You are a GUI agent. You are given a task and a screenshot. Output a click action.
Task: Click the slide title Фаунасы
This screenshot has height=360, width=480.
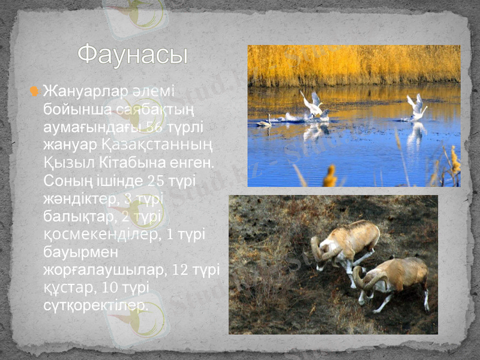pos(133,55)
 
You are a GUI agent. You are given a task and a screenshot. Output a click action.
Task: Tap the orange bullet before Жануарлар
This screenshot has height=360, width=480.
pos(35,91)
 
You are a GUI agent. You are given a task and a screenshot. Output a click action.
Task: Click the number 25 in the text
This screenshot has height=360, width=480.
pos(155,181)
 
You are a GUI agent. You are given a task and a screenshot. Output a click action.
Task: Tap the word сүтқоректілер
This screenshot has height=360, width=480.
pos(95,305)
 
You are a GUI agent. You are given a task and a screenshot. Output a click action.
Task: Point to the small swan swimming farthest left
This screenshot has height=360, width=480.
pos(265,122)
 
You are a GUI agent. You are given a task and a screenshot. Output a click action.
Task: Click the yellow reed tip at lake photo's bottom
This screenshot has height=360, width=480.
pos(330,176)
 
